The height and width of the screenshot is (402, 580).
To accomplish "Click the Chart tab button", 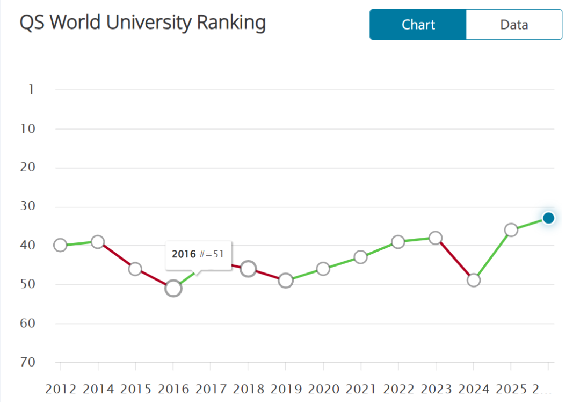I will coord(418,25).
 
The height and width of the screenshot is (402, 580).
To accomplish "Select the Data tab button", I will coord(514,25).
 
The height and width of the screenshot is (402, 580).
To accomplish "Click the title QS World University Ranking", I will coord(142,23).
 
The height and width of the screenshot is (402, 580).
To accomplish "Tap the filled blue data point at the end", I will coord(548,218).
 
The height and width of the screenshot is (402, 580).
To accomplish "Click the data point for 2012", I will coord(60,245).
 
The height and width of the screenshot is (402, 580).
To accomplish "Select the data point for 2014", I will coord(98,242).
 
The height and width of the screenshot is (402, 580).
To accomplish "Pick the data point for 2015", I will coord(135,269).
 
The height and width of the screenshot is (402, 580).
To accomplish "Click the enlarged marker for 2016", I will coord(173,288).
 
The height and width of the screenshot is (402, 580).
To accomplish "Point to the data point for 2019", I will coord(286,281).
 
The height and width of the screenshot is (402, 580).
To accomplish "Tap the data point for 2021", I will coord(361,257).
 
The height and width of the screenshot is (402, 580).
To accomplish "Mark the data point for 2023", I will coord(436,238).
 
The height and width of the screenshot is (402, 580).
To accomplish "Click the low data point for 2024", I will coord(474,280).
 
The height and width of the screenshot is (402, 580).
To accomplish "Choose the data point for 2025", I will coord(511,230).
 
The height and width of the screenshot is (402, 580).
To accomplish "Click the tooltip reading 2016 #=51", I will coord(198,254).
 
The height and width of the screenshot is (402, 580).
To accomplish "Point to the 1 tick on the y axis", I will coord(31,89).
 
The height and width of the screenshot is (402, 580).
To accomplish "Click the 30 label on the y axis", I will coord(28,206).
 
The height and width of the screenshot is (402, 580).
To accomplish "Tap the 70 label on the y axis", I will coord(28,362).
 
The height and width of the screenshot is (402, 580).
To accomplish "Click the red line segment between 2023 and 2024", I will coord(454,259).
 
